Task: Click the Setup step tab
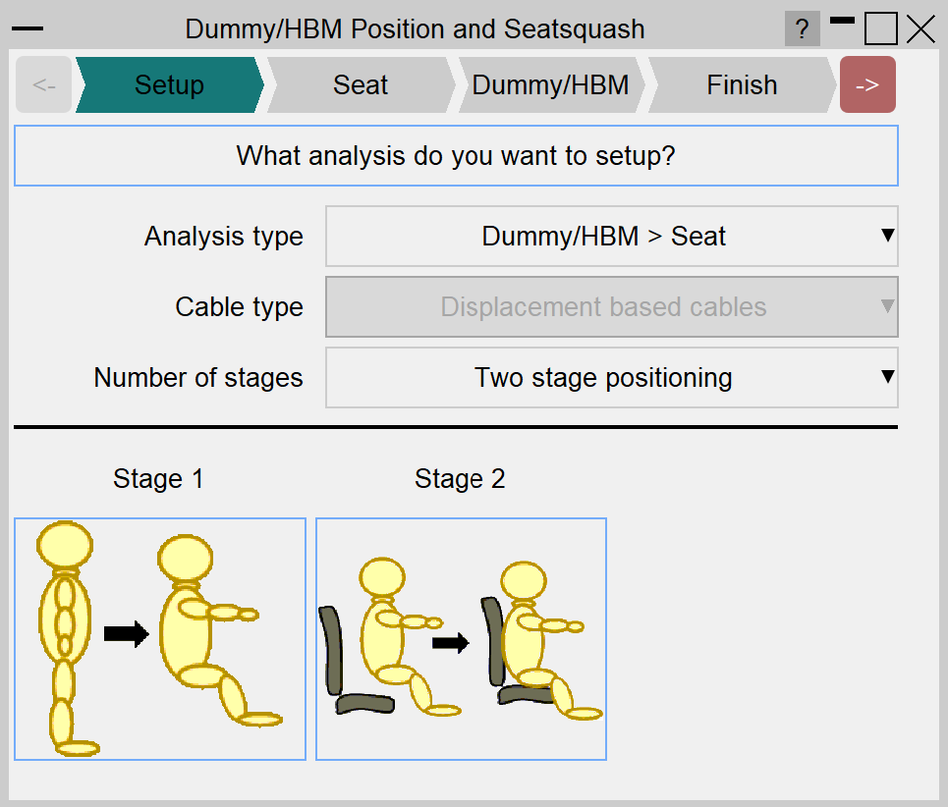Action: pos(169,84)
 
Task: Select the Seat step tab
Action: pos(361,84)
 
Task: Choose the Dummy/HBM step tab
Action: pos(551,84)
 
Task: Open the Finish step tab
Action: pos(742,84)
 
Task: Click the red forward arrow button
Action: pos(867,84)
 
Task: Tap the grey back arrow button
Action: pos(43,84)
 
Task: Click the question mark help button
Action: pos(803,28)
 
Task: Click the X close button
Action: pos(920,29)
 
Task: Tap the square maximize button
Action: pos(881,29)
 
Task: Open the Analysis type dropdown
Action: pos(612,236)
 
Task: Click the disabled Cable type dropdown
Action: pos(612,307)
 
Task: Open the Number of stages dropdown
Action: pos(612,378)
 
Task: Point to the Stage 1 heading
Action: pos(158,479)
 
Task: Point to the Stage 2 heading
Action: pos(460,479)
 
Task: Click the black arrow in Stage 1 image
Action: pos(127,633)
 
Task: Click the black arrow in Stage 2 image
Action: pos(450,643)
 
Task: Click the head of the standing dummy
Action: pos(65,545)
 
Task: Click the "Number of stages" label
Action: pos(198,378)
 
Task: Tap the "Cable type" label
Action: pos(240,307)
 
